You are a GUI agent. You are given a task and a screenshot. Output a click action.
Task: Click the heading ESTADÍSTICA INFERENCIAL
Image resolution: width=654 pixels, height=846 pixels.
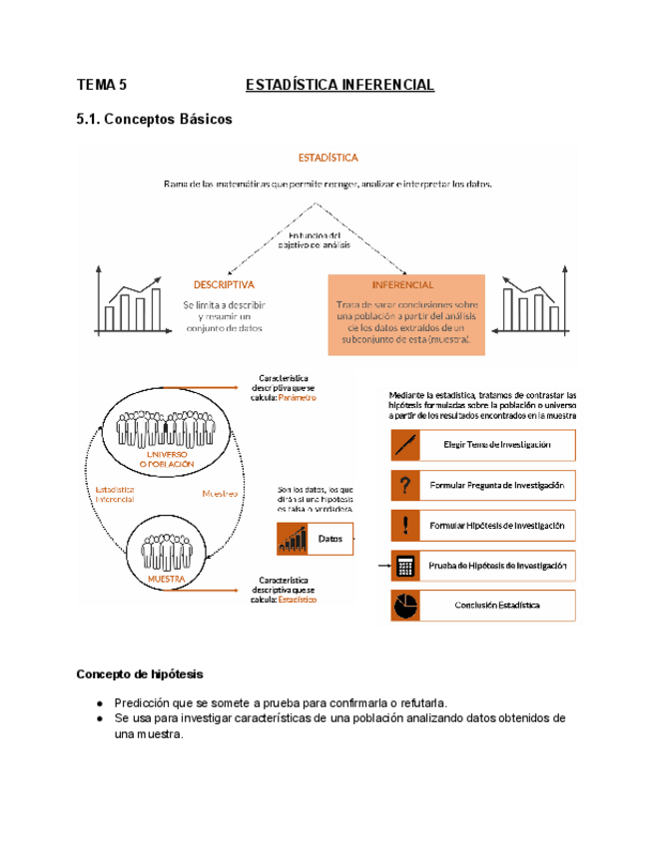(339, 85)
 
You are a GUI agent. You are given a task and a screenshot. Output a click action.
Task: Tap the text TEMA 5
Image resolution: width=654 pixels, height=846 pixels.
(103, 85)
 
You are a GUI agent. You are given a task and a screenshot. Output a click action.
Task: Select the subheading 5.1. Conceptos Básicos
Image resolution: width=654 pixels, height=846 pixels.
(154, 120)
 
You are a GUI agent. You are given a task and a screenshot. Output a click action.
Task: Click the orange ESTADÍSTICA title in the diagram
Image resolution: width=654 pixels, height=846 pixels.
(328, 157)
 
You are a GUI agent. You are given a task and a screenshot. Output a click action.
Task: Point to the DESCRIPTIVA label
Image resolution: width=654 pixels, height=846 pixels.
(224, 283)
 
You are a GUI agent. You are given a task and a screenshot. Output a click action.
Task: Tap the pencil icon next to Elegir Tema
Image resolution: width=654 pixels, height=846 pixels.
(405, 445)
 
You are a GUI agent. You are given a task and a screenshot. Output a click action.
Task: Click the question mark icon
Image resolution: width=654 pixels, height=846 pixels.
(405, 486)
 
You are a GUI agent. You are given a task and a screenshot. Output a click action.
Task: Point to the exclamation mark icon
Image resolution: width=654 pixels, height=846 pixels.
(405, 526)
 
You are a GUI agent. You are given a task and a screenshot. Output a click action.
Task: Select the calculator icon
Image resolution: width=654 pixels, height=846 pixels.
(405, 566)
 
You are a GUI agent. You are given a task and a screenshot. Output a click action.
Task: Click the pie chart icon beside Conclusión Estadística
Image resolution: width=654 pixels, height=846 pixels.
(405, 606)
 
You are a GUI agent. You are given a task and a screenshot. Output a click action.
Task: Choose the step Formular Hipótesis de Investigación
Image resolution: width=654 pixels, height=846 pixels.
(496, 526)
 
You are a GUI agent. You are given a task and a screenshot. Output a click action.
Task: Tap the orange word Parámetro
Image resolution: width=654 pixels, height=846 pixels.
(297, 397)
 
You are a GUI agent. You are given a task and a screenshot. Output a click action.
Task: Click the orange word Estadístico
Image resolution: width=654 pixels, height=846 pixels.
(297, 601)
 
